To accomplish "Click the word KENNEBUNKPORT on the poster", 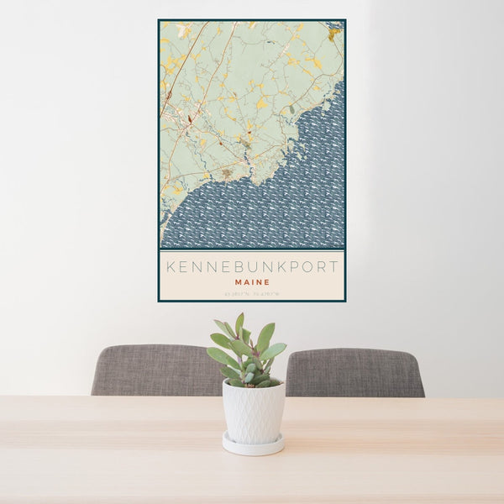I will coord(252,268).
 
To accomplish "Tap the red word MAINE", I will coord(252,283).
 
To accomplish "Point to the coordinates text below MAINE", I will coord(252,293).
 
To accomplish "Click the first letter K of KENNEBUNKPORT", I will coord(171,268).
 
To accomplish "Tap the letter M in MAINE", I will coord(239,283).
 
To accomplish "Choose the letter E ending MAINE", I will coord(266,283).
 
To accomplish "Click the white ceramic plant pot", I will coord(253,411).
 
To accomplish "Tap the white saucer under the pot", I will coord(253,445).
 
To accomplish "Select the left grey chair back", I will coord(155,370).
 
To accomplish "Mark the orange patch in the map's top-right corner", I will coord(334,34).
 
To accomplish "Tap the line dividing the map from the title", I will coord(252,250).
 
